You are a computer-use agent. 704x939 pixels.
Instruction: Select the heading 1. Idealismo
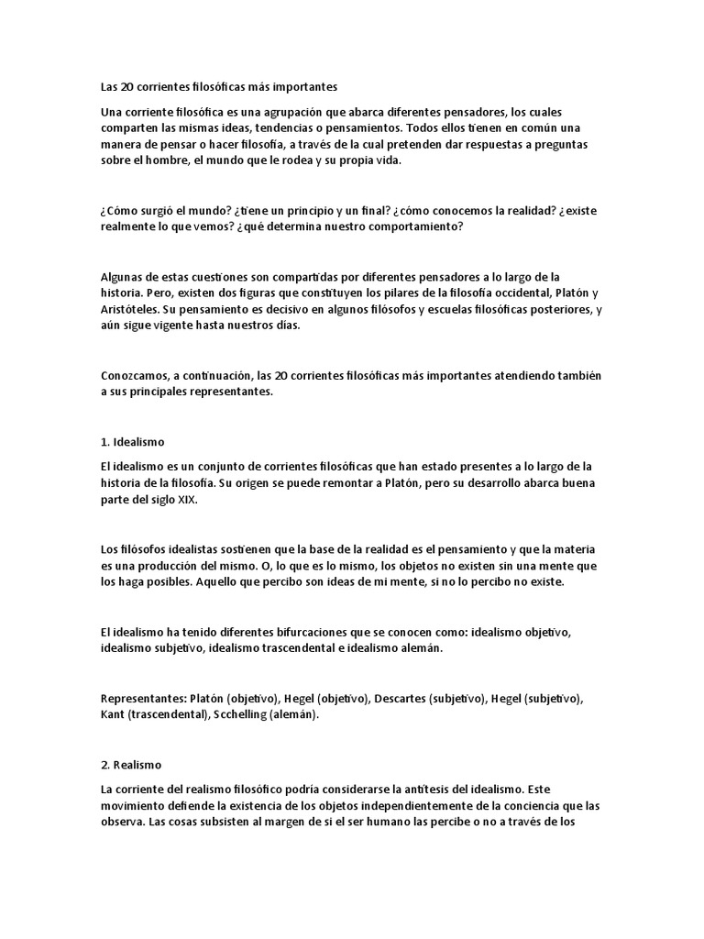133,442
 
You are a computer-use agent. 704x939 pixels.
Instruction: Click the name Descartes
398,698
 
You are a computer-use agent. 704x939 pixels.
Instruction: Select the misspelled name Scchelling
240,714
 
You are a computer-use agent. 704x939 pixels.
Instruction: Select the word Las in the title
110,88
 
